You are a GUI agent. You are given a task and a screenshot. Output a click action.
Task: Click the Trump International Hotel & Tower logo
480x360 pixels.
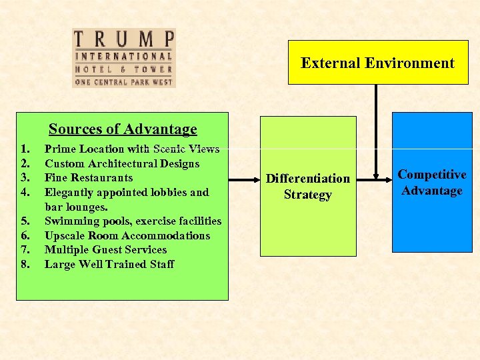click(123, 58)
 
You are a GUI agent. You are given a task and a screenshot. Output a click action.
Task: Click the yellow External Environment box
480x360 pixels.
click(377, 63)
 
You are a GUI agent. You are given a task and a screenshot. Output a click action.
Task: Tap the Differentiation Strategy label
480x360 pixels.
click(307, 187)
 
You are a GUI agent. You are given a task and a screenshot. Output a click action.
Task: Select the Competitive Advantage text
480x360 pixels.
click(431, 183)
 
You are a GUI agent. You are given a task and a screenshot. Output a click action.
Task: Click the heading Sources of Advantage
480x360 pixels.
click(123, 129)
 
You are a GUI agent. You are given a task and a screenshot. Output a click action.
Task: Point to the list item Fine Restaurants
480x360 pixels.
click(89, 178)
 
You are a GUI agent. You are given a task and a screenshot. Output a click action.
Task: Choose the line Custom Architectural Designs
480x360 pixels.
click(122, 163)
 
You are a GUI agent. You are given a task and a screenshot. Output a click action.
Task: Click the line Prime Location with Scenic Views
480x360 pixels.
click(132, 149)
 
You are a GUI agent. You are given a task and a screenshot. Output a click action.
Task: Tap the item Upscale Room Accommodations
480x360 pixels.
click(127, 235)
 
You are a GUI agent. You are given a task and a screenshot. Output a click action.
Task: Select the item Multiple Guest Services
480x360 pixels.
click(106, 249)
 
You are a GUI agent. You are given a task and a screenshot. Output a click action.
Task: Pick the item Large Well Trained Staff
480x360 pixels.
click(109, 264)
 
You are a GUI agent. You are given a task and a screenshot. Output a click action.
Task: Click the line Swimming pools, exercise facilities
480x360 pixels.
click(133, 221)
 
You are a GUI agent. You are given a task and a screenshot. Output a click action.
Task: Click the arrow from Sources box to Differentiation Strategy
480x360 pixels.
click(243, 179)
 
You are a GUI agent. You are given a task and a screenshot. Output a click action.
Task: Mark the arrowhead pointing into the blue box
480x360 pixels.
click(387, 179)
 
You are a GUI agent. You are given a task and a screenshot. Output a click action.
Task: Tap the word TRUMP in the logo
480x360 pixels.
click(123, 38)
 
